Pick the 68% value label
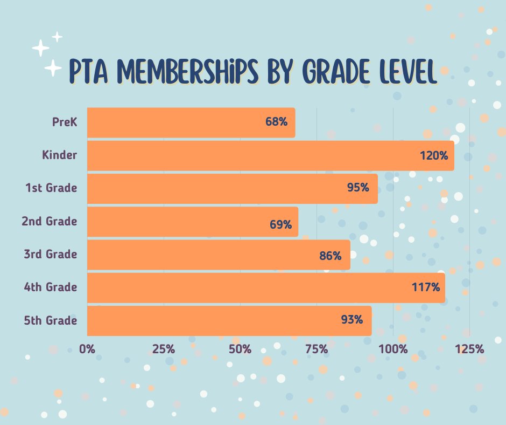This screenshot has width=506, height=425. tap(276, 122)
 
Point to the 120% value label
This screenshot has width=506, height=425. tap(434, 156)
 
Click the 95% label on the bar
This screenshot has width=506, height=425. tap(358, 188)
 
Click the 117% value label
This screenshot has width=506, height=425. tap(426, 287)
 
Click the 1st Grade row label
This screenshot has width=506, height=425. tap(51, 188)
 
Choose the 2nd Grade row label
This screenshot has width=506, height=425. tap(50, 221)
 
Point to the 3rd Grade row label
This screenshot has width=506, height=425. tap(50, 254)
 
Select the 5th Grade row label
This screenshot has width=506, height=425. tap(50, 320)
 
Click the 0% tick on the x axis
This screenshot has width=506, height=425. tap(87, 349)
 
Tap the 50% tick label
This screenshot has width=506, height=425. tap(240, 349)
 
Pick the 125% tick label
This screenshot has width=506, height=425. tap(469, 349)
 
